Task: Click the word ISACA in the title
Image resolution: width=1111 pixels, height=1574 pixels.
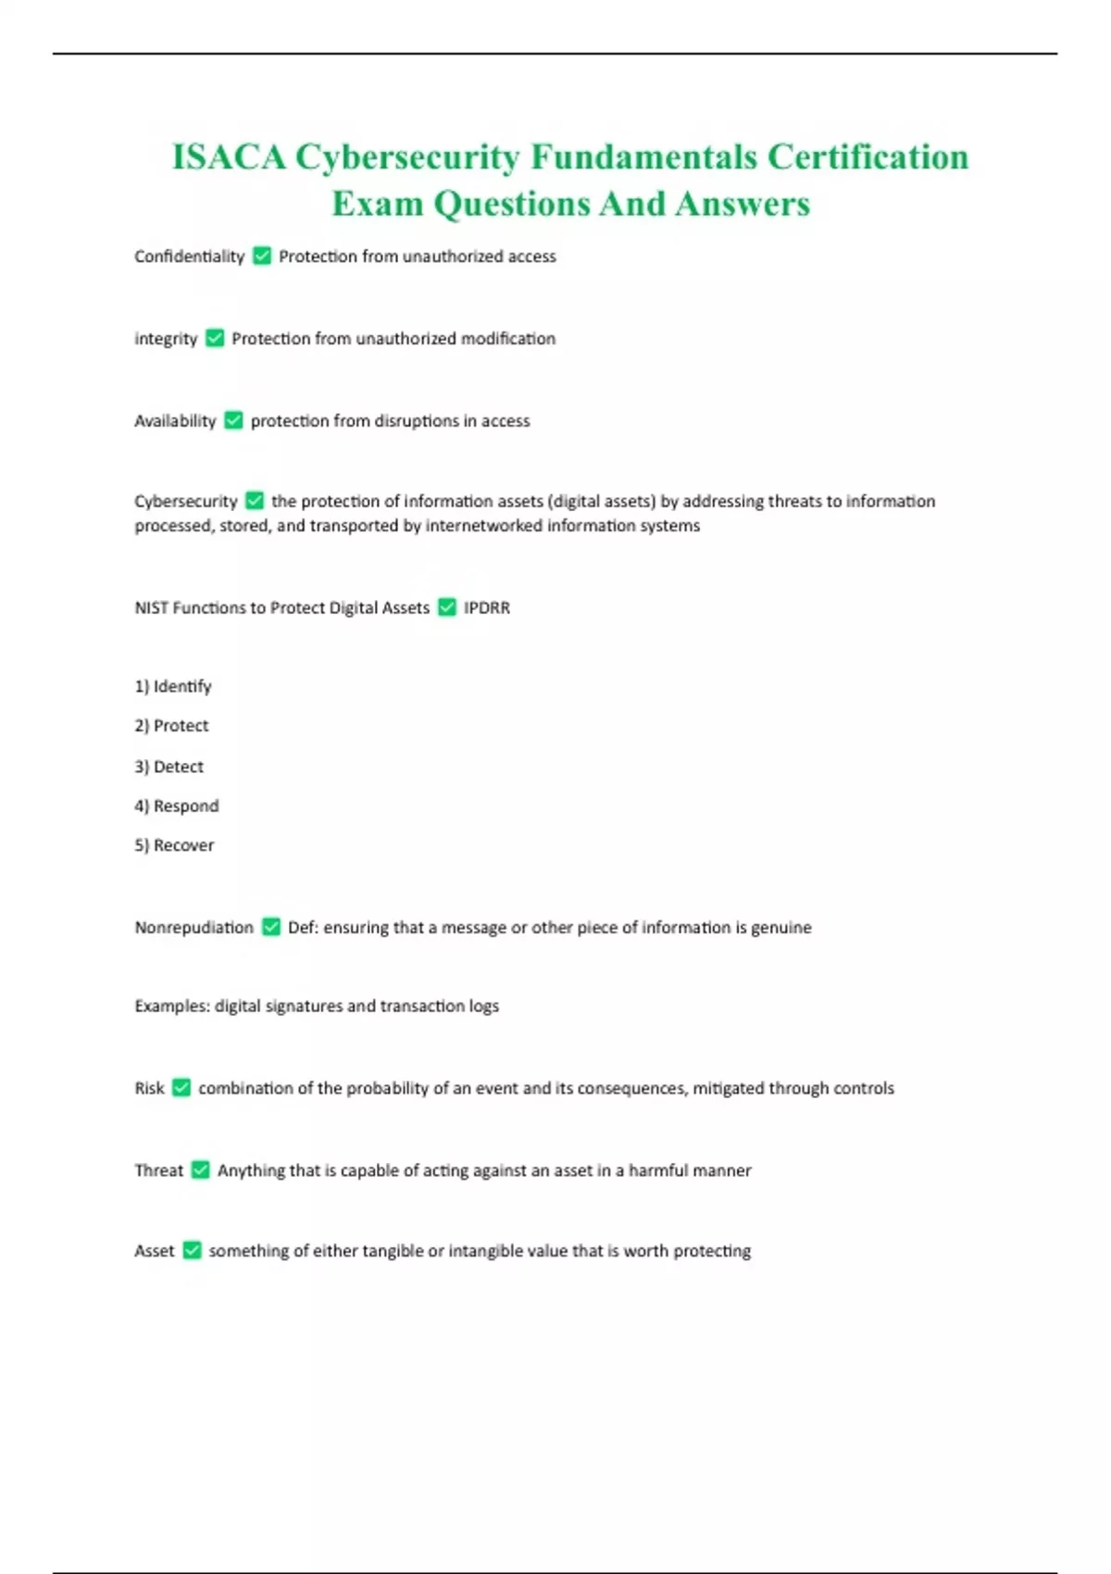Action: coord(229,157)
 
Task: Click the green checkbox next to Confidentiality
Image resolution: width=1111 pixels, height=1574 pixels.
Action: coord(262,256)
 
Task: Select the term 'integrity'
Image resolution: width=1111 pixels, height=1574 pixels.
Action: coord(166,339)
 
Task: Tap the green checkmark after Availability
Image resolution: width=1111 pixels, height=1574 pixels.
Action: coord(233,420)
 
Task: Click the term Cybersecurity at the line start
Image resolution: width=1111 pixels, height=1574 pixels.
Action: coord(186,501)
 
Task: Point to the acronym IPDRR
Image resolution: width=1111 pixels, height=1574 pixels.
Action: coord(487,607)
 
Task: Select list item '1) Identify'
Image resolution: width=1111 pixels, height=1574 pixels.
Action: coord(173,686)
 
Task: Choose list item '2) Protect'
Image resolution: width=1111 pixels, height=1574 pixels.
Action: coord(171,726)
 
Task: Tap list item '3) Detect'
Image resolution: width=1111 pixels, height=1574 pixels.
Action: coord(169,767)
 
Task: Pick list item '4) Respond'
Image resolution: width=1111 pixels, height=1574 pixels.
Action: coord(177,806)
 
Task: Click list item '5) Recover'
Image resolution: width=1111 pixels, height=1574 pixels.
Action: coord(174,845)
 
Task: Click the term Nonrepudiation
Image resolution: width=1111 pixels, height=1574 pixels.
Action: coord(193,928)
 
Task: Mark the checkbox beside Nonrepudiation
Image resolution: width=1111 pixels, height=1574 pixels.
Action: coord(271,927)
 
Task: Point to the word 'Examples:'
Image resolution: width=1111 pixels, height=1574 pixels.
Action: coord(172,1006)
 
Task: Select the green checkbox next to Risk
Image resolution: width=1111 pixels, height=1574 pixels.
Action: coord(181,1088)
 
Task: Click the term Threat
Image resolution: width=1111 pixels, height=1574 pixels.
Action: coord(159,1170)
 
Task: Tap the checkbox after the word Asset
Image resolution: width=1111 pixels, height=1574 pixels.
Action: coord(192,1251)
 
